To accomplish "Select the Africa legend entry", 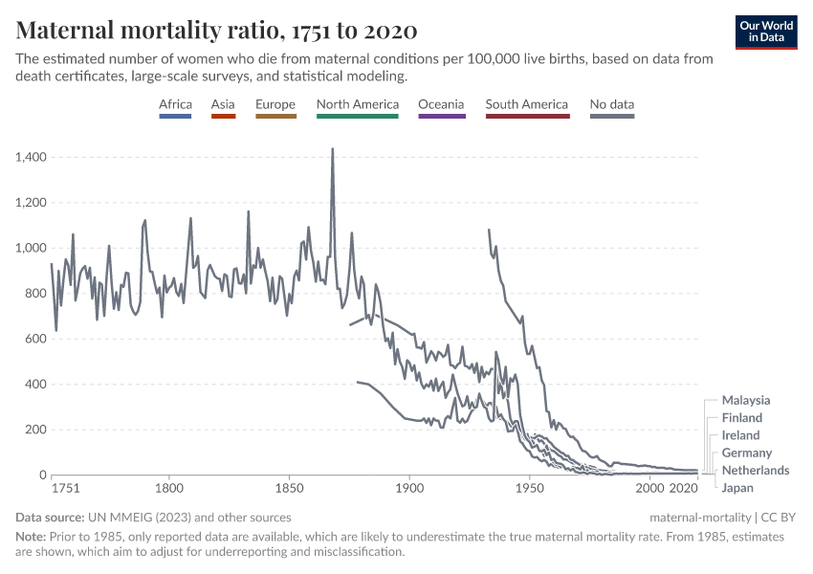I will coord(175,105).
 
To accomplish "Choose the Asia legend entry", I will coord(223,105).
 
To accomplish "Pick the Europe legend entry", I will coord(275,105).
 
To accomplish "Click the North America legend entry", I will coord(357,105).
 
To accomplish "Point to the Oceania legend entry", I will coord(441,105).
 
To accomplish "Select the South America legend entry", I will coord(526,105).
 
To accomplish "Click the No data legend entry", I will coord(612,105).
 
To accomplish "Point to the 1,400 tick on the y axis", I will coord(32,157).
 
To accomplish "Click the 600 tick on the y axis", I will coord(35,339).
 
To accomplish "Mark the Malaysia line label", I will coord(746,401).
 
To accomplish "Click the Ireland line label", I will coord(741,435).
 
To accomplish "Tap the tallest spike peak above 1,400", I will coord(332,149).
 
